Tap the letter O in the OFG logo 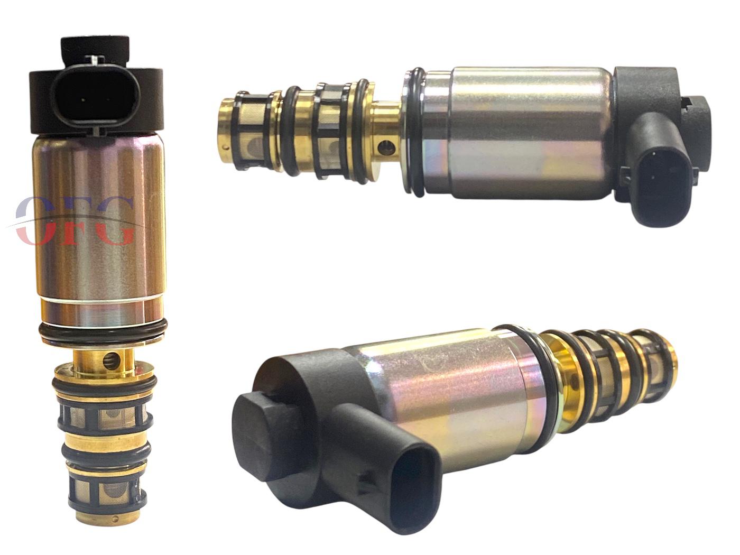(34, 221)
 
